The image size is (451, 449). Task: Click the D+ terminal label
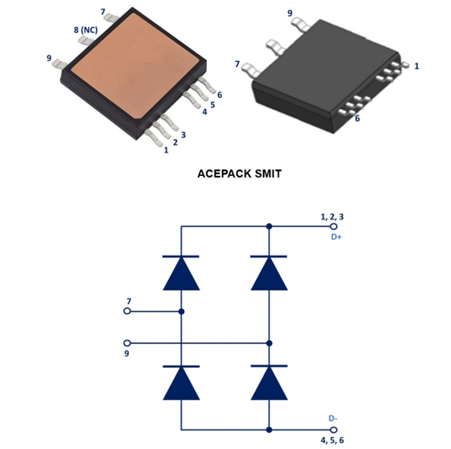pos(337,237)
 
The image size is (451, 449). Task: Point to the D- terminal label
pos(335,418)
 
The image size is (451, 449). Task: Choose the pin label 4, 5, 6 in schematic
pos(333,440)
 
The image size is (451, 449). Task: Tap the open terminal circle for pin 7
pos(128,310)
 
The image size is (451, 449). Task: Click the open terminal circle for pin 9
pos(128,343)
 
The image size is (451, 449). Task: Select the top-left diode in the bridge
pos(181,272)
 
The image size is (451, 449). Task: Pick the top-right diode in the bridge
pos(268,272)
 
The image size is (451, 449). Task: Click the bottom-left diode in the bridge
pos(181,382)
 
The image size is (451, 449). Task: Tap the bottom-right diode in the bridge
pos(268,382)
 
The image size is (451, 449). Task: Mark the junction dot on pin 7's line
pos(181,310)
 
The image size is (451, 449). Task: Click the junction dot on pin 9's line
pos(268,343)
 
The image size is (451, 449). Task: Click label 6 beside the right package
pos(357,118)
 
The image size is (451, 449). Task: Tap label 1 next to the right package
pos(417,66)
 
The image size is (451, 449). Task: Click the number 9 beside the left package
pos(48,58)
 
